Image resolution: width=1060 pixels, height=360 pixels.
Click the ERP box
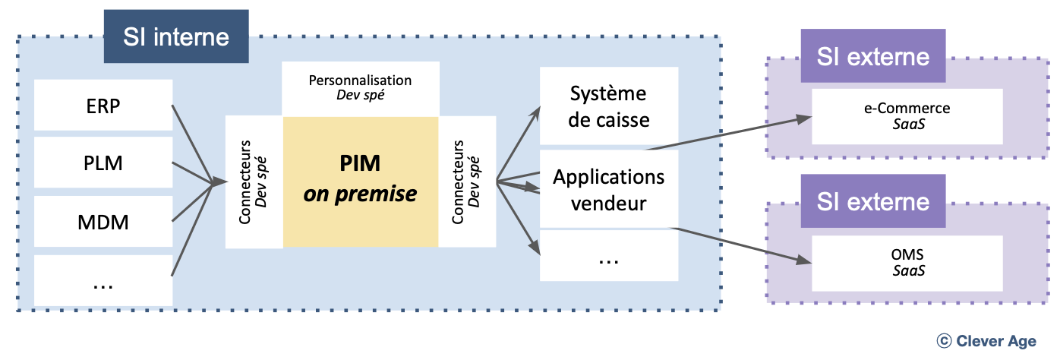[103, 105]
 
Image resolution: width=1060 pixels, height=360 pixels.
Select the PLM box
[103, 163]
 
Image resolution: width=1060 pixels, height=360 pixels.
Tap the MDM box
[103, 223]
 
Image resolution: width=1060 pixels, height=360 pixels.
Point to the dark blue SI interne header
[176, 36]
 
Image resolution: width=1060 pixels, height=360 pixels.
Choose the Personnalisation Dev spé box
[360, 88]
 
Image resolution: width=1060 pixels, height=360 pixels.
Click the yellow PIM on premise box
[360, 182]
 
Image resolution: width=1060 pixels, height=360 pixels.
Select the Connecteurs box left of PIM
[254, 182]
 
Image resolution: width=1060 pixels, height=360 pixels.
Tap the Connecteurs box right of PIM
[467, 182]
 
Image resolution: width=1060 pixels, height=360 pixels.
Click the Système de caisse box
[608, 106]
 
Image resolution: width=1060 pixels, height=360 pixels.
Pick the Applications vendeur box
[608, 190]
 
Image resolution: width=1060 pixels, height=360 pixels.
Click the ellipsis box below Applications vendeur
[608, 256]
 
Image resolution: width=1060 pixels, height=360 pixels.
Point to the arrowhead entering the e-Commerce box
[806, 120]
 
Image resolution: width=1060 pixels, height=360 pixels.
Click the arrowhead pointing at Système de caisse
[535, 111]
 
